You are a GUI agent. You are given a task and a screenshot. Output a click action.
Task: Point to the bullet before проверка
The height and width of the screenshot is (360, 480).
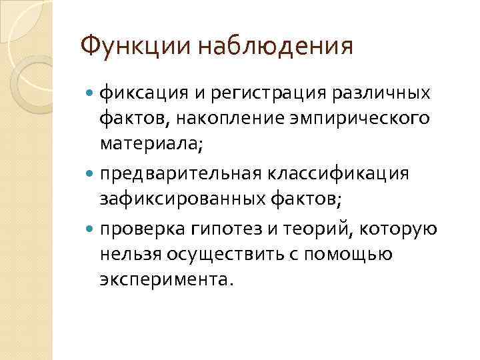(x=91, y=229)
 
